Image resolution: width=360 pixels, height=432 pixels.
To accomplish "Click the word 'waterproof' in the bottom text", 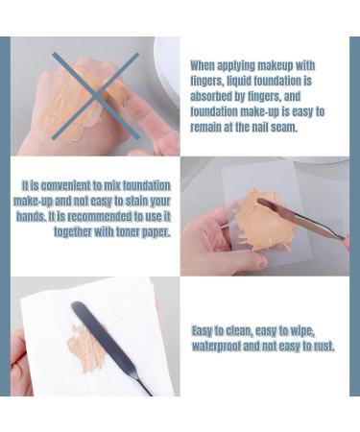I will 223,346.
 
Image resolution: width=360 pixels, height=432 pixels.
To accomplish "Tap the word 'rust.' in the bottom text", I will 321,346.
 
